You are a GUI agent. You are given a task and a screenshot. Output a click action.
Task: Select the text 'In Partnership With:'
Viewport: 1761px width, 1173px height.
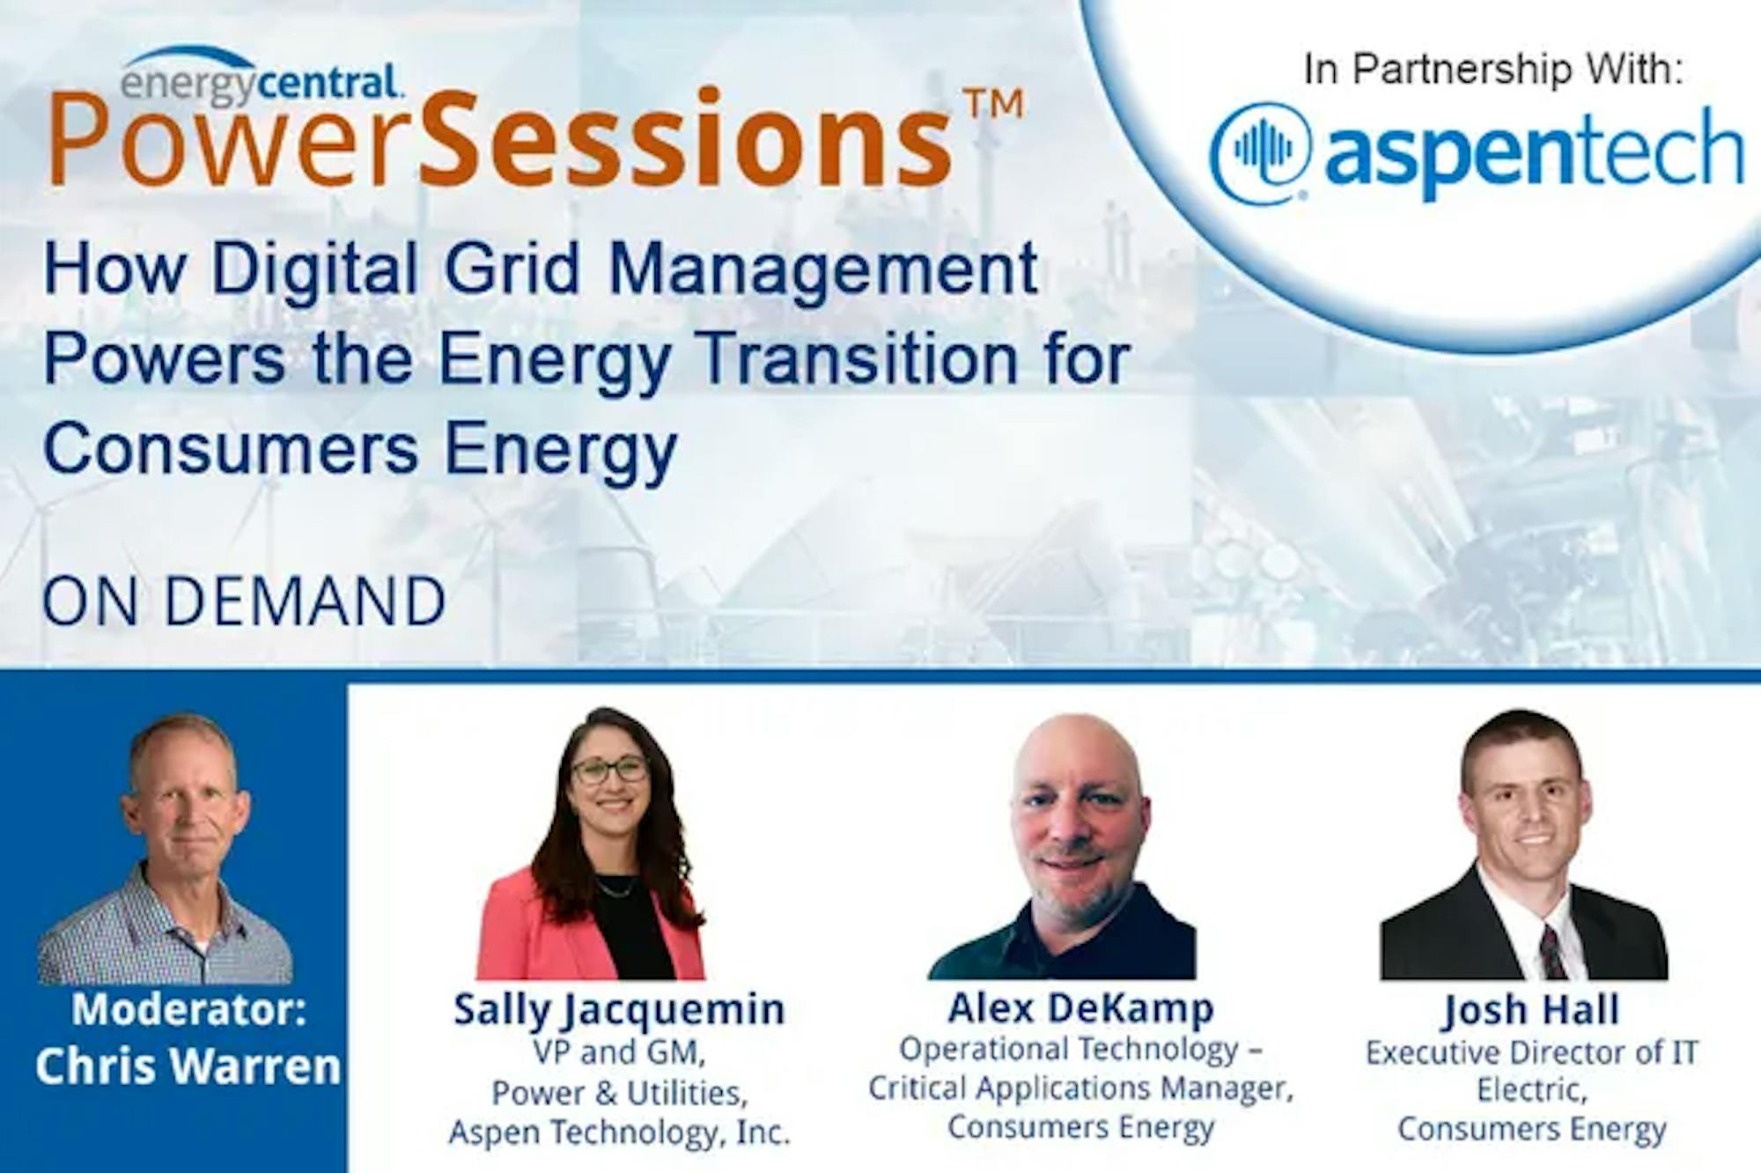(x=1493, y=70)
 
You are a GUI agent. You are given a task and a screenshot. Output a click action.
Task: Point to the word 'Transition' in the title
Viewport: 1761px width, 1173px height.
(x=891, y=358)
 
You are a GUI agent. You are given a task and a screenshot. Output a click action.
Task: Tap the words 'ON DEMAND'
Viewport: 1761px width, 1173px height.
(x=244, y=602)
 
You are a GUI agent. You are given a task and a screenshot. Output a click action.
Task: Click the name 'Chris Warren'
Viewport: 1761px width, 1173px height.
(x=188, y=1066)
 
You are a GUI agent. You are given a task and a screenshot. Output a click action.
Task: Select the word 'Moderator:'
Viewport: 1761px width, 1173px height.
(x=189, y=1009)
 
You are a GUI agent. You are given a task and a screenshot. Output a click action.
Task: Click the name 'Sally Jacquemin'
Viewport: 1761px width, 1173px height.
(x=619, y=1010)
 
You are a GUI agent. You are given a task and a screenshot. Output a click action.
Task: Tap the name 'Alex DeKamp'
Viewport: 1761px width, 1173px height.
(x=1080, y=1008)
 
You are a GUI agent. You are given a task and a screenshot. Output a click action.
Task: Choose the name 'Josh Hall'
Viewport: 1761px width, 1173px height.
(x=1531, y=1010)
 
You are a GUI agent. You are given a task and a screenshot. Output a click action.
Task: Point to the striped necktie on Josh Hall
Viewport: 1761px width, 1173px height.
(x=1551, y=952)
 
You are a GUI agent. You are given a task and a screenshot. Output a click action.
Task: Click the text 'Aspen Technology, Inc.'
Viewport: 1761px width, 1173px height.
(x=620, y=1132)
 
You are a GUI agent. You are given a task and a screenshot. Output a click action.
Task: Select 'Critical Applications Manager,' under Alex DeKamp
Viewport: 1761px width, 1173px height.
(x=1080, y=1088)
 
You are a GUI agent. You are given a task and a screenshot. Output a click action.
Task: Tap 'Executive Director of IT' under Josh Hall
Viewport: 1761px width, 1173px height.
(x=1531, y=1053)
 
